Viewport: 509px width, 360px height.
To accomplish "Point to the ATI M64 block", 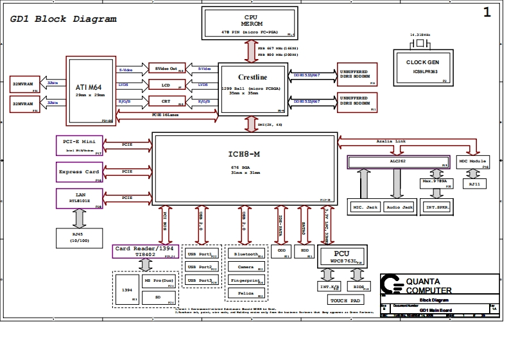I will click(x=90, y=90).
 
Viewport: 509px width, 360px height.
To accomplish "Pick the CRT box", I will click(x=166, y=101).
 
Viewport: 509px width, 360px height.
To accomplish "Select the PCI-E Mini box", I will click(x=80, y=145).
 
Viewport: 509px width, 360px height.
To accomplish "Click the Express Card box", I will click(x=80, y=172).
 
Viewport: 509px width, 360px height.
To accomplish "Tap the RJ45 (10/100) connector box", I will click(x=79, y=237).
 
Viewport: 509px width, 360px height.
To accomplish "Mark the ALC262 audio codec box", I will click(x=397, y=162).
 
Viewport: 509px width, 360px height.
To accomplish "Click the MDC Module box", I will click(x=473, y=162).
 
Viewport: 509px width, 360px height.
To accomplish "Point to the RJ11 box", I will click(x=474, y=184).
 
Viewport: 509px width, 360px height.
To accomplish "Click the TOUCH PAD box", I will click(x=347, y=300).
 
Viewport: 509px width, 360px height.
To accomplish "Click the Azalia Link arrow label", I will click(x=391, y=141).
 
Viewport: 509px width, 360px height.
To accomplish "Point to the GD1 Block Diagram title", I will click(x=64, y=19).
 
